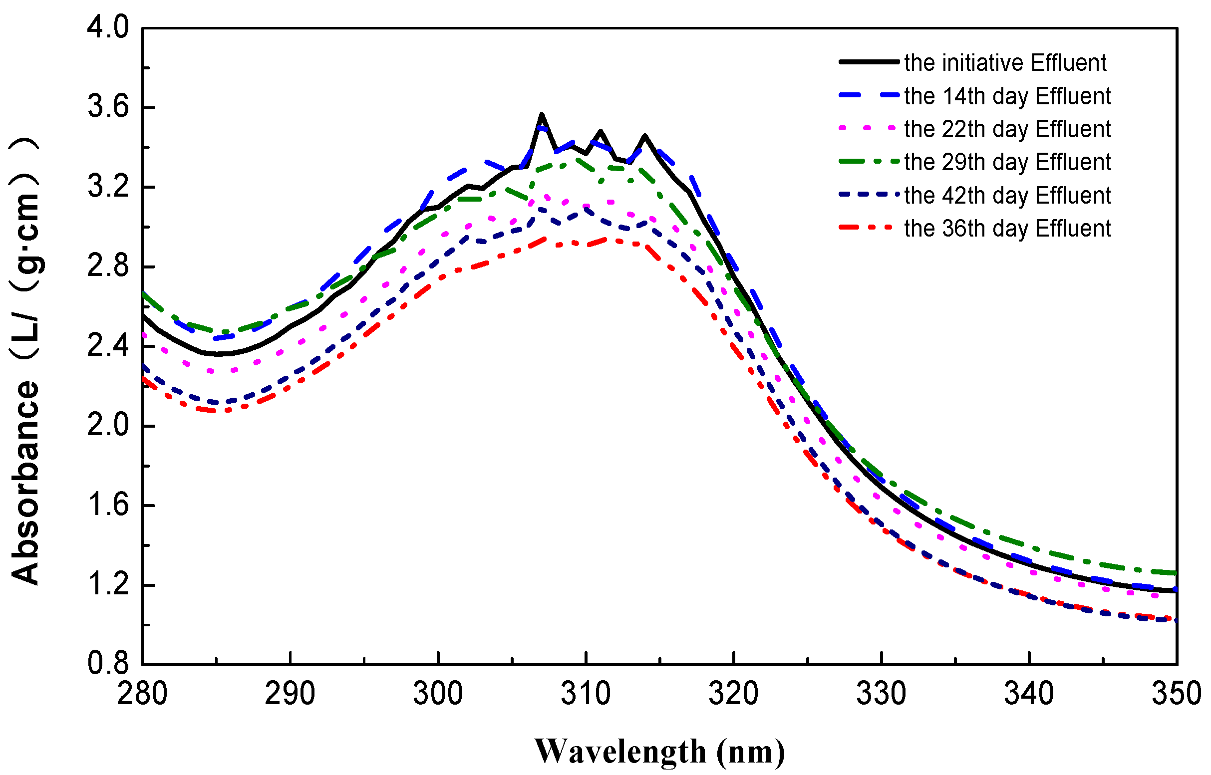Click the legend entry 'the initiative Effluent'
[1005, 63]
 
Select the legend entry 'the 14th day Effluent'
[1007, 96]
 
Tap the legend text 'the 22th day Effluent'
[1007, 129]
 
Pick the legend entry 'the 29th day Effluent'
[1007, 162]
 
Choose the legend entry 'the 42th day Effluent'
[1007, 195]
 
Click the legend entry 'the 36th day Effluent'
[1007, 229]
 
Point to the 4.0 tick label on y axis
[108, 27]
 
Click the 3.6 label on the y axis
[108, 107]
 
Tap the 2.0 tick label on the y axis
[108, 426]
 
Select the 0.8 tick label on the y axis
[108, 664]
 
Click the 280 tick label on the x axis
[142, 694]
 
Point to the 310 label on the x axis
[586, 694]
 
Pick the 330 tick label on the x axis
[882, 694]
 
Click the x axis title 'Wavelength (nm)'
[659, 752]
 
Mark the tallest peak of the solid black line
[542, 115]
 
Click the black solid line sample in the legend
[869, 62]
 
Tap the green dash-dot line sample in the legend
[869, 162]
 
